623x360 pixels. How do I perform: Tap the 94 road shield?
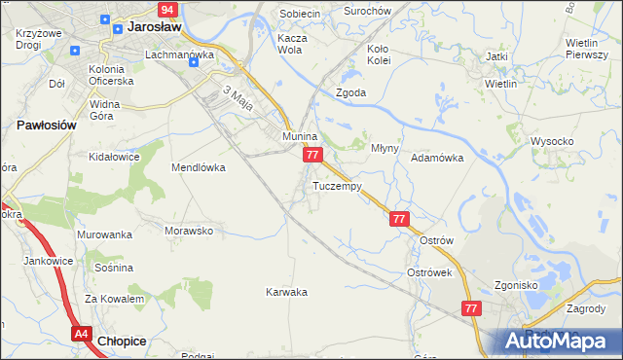(x=168, y=9)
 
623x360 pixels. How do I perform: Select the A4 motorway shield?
(x=81, y=334)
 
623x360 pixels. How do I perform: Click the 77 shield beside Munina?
(x=312, y=155)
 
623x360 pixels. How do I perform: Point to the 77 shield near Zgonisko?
(x=471, y=307)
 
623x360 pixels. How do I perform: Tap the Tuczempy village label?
(x=338, y=185)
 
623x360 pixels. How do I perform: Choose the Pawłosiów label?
(x=47, y=126)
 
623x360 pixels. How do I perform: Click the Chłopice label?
(x=123, y=341)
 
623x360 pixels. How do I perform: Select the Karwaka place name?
(x=286, y=291)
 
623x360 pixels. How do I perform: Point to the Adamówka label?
(x=436, y=157)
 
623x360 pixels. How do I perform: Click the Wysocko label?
(x=552, y=141)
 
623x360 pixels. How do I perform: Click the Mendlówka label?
(x=199, y=167)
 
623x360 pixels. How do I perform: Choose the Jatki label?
(x=497, y=56)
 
